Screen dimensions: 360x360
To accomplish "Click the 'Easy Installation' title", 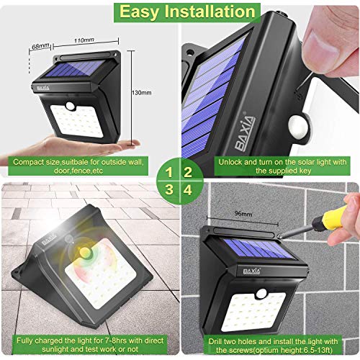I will click(x=180, y=12).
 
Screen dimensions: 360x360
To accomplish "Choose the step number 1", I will click(x=168, y=172).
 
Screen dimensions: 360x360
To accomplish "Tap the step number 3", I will click(x=168, y=189).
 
